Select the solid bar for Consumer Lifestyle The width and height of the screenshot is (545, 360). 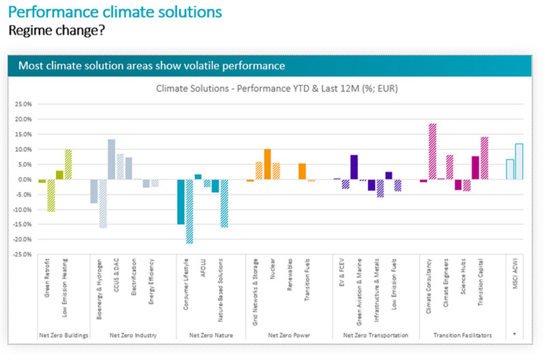(x=181, y=202)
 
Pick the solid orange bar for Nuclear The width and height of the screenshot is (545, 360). (x=267, y=164)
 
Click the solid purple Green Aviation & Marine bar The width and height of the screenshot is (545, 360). (x=354, y=167)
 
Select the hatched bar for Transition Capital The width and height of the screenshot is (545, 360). (x=484, y=158)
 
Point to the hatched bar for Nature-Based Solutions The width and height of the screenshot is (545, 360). (x=224, y=203)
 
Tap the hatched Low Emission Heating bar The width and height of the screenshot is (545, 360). (x=68, y=164)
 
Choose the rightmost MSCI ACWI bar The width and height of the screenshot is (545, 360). (x=519, y=161)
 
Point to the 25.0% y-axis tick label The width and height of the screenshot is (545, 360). (x=22, y=104)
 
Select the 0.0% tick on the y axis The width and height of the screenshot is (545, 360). (x=23, y=180)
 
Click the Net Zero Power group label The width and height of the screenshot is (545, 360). (x=289, y=336)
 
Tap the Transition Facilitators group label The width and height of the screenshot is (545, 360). (x=462, y=336)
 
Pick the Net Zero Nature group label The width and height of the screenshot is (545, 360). (x=211, y=336)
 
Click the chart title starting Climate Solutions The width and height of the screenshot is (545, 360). (x=277, y=89)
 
